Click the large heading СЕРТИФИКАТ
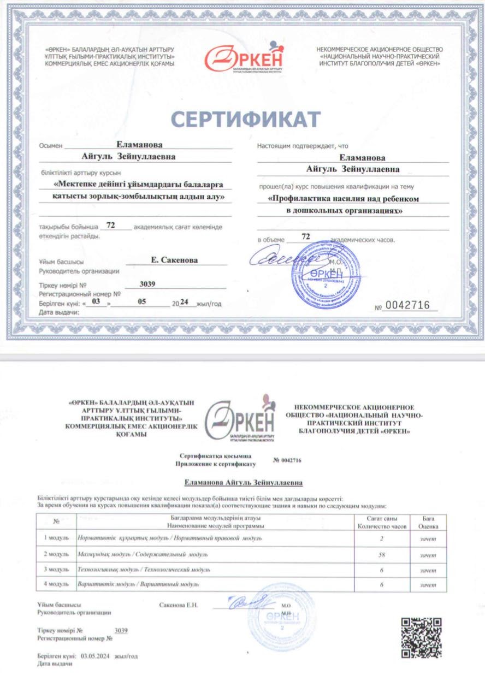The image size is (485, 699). click(246, 119)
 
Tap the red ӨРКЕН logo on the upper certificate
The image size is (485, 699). click(245, 58)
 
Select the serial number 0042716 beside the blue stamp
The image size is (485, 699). click(407, 305)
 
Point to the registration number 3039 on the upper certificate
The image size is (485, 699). click(147, 283)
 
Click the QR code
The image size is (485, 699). click(421, 637)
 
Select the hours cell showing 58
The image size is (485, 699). click(382, 554)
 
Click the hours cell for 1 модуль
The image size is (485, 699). click(382, 538)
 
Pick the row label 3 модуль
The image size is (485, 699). click(56, 570)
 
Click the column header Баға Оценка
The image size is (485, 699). click(428, 522)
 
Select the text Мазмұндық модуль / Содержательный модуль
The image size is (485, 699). click(143, 554)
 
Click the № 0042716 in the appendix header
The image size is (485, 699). click(287, 460)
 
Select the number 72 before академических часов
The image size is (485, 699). click(306, 236)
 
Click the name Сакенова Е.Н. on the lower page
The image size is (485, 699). click(179, 606)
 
